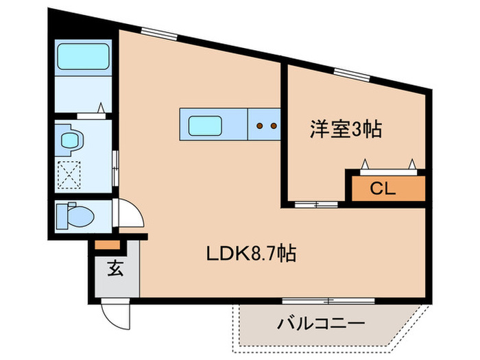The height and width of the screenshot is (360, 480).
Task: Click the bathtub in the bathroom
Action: pos(82,58)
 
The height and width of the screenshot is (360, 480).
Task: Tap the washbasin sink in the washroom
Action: pos(71,140)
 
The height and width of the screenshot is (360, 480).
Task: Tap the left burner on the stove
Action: pos(259,126)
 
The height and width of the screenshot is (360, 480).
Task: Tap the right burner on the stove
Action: pos(273,126)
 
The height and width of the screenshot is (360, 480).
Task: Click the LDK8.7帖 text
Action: pos(251,254)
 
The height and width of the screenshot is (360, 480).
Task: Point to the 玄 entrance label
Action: pos(114,269)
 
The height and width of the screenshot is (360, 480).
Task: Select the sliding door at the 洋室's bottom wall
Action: pos(316,204)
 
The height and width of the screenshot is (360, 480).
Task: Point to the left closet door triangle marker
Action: pos(365,163)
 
